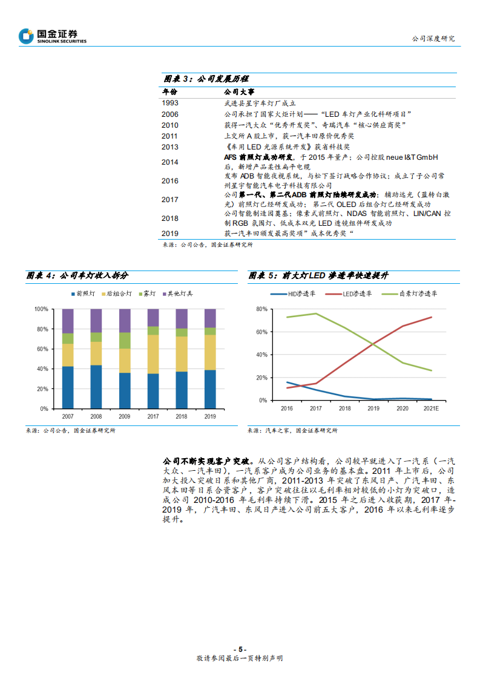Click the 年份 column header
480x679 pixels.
tap(169, 92)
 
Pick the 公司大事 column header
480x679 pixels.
tap(235, 92)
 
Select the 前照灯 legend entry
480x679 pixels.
tap(82, 294)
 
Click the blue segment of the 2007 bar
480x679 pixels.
tap(68, 387)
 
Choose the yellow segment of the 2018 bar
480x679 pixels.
tap(182, 354)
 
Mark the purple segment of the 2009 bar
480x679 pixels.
tap(125, 320)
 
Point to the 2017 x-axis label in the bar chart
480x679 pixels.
tap(153, 416)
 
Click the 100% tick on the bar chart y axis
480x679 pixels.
tap(41, 309)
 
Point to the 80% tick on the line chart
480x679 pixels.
tap(262, 309)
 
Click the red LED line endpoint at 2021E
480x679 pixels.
tap(432, 317)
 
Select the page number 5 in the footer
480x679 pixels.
tap(240, 648)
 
